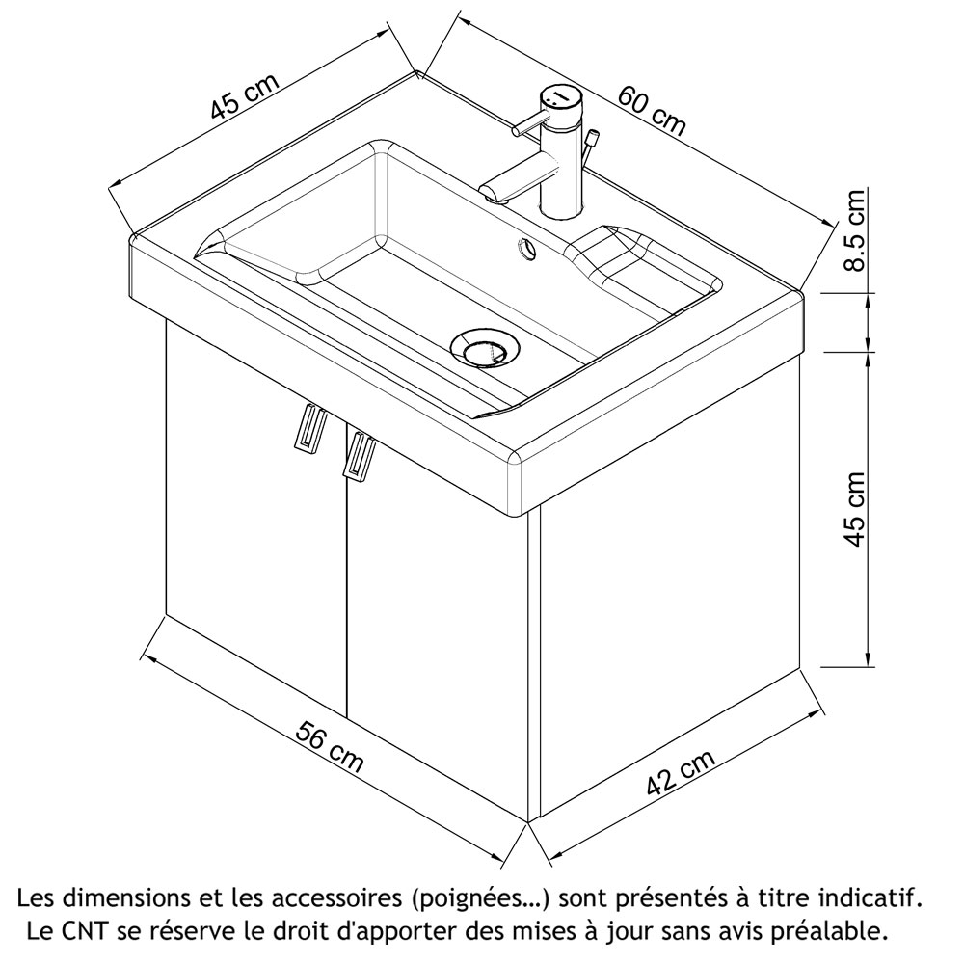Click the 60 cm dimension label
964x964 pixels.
[x=652, y=109]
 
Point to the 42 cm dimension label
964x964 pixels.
[x=681, y=774]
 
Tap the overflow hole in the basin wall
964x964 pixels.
[x=527, y=248]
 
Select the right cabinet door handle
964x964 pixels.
[x=360, y=455]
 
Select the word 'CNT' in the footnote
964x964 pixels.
[x=88, y=932]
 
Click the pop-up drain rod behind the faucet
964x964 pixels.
[x=591, y=142]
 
